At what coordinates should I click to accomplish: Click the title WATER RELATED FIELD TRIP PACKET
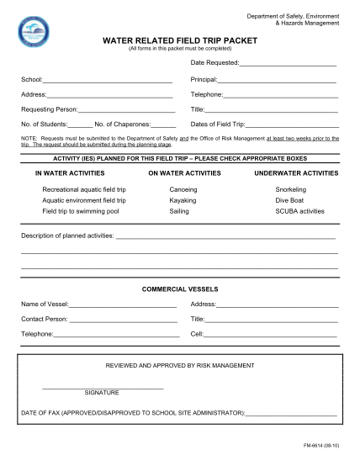click(x=179, y=40)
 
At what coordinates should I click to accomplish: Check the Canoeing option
click(x=183, y=189)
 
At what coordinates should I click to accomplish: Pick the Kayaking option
click(x=183, y=200)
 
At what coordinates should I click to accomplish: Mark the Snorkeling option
click(x=291, y=189)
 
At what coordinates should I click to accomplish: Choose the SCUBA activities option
click(x=299, y=211)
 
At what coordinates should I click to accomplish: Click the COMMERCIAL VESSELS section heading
click(x=179, y=289)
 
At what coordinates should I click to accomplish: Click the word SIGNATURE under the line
click(x=102, y=393)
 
